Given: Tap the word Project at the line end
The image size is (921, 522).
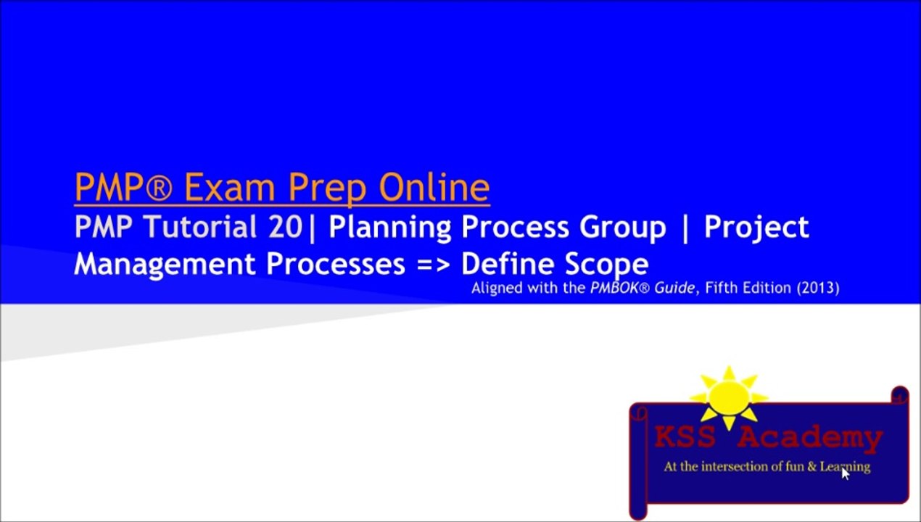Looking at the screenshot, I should pyautogui.click(x=756, y=228).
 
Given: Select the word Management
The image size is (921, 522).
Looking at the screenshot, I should pyautogui.click(x=166, y=264).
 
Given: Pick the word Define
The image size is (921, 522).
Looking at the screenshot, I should pyautogui.click(x=508, y=263).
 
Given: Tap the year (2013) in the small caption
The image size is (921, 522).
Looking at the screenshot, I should pyautogui.click(x=818, y=288).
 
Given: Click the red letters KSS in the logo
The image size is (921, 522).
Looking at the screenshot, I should pyautogui.click(x=684, y=437).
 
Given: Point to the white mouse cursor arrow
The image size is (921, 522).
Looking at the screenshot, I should pyautogui.click(x=845, y=473).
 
